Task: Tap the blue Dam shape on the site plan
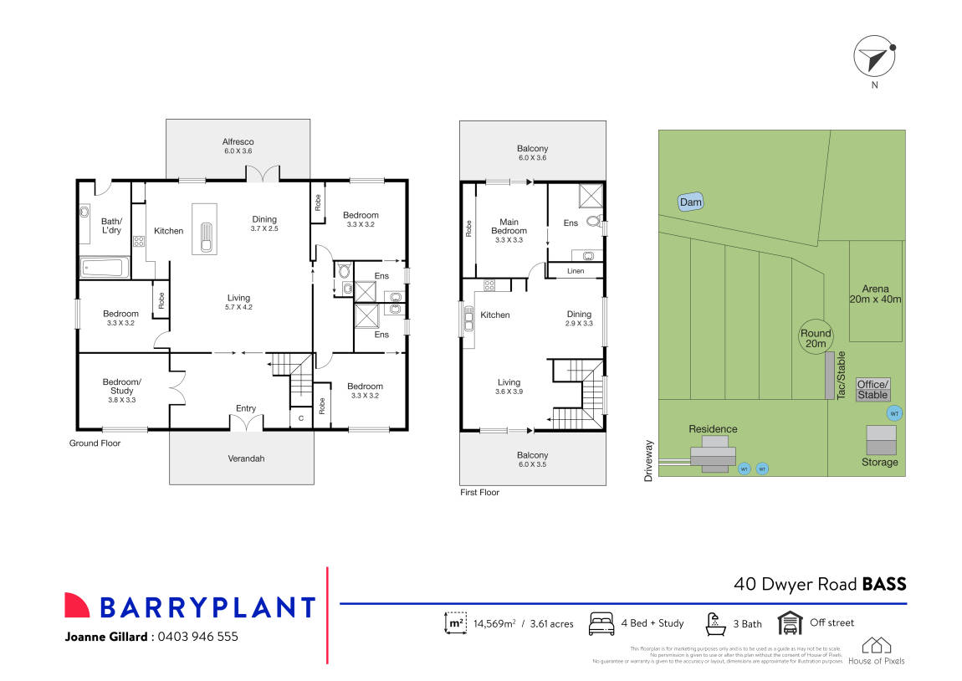pyautogui.click(x=690, y=202)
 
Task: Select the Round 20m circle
pyautogui.click(x=815, y=337)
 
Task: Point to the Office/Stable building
pyautogui.click(x=872, y=389)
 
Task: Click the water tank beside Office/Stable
pyautogui.click(x=893, y=413)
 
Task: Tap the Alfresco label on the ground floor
pyautogui.click(x=238, y=147)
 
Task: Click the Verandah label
pyautogui.click(x=246, y=458)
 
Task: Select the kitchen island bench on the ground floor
pyautogui.click(x=204, y=228)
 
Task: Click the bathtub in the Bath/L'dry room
pyautogui.click(x=104, y=269)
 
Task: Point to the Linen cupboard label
pyautogui.click(x=575, y=271)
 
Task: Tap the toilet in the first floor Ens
pyautogui.click(x=594, y=222)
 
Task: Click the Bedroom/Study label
pyautogui.click(x=121, y=391)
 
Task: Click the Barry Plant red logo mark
pyautogui.click(x=77, y=606)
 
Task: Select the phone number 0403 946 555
pyautogui.click(x=198, y=637)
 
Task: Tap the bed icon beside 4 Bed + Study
pyautogui.click(x=601, y=624)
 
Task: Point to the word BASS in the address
pyautogui.click(x=884, y=584)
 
